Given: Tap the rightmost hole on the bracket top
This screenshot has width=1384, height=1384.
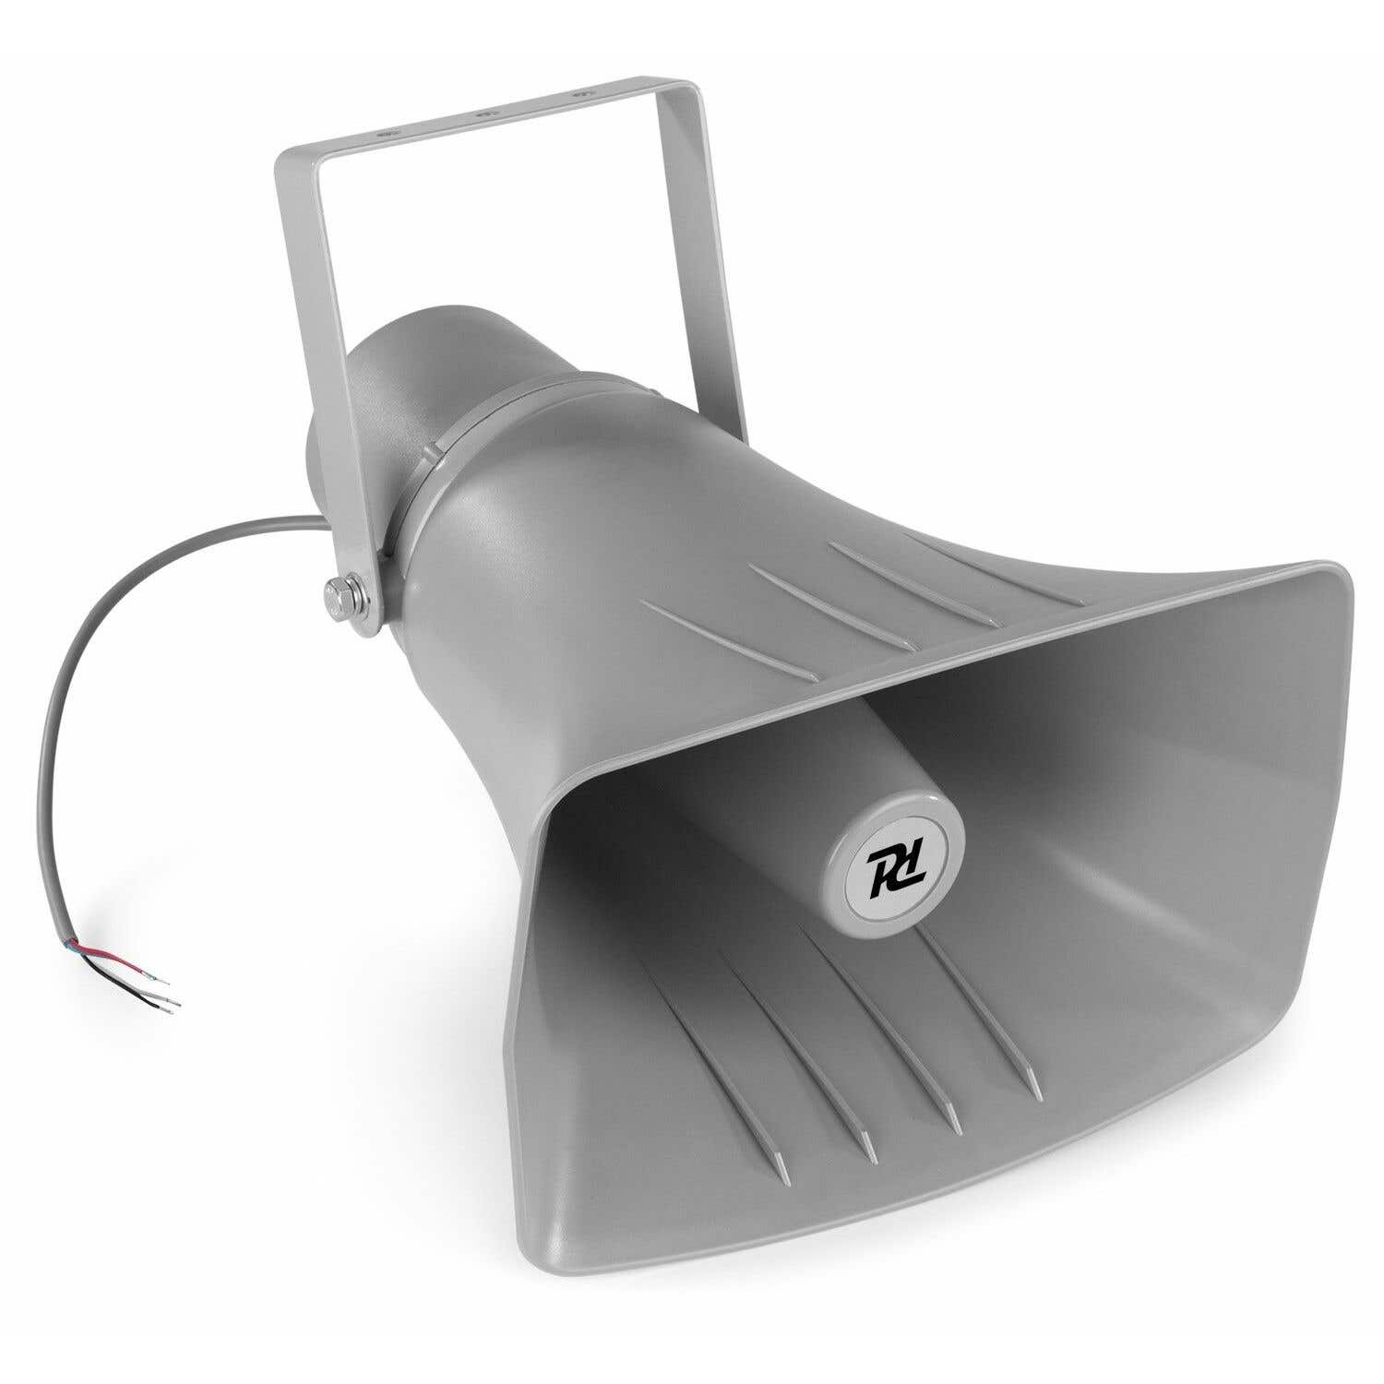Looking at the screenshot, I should [579, 94].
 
